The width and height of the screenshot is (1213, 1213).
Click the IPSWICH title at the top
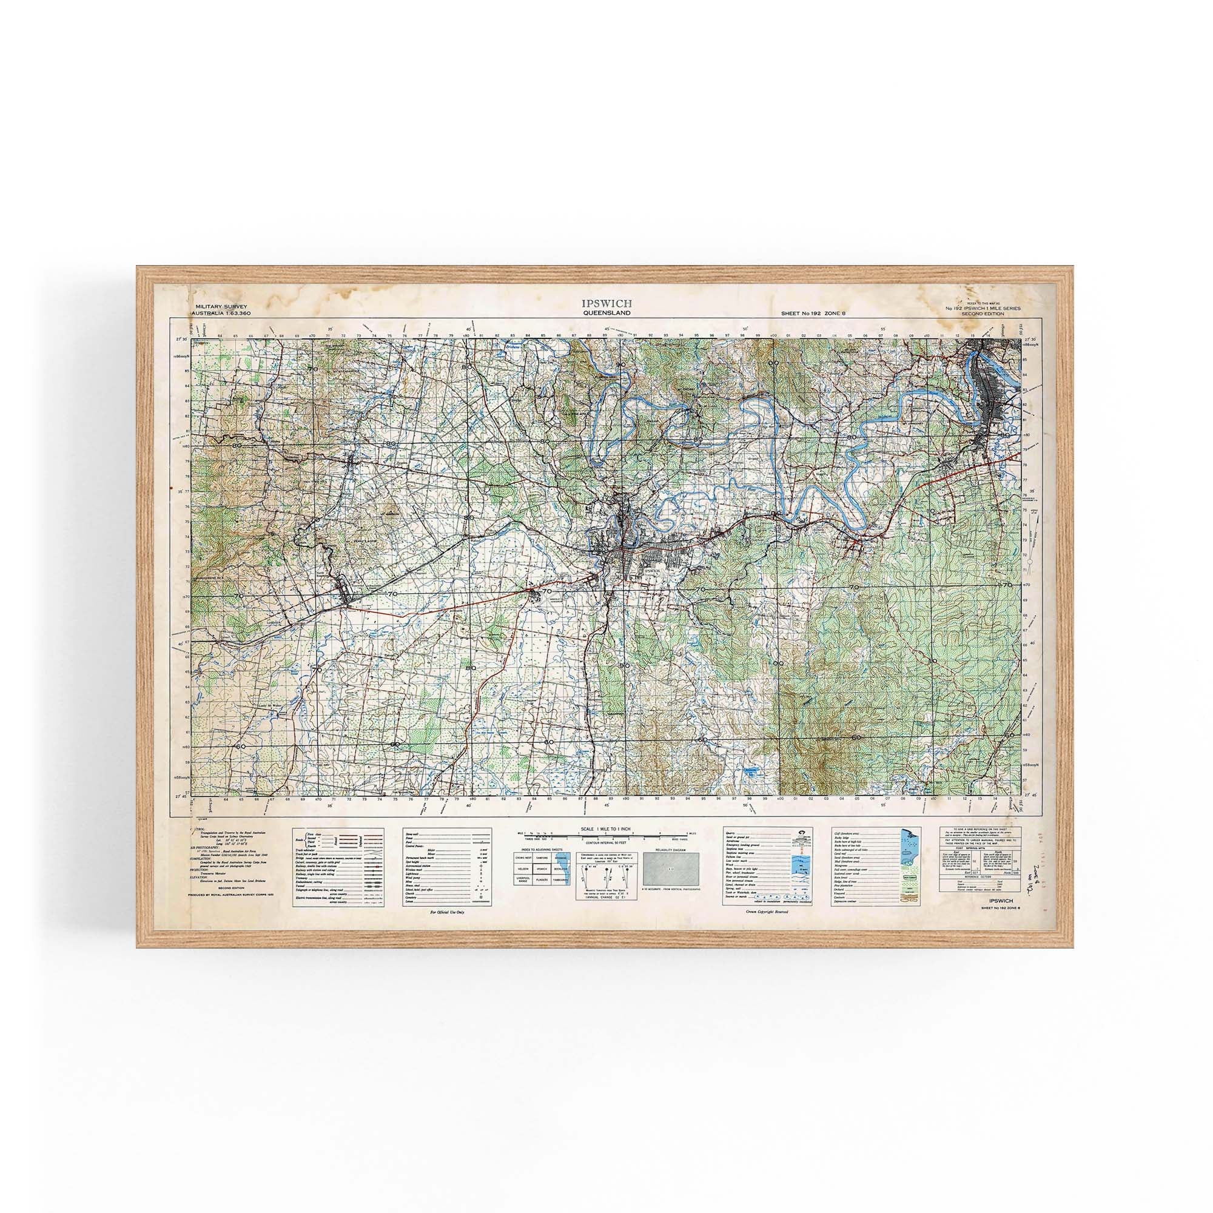pyautogui.click(x=606, y=303)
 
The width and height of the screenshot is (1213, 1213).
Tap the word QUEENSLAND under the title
pyautogui.click(x=606, y=312)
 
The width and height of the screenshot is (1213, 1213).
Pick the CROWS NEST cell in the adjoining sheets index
pyautogui.click(x=523, y=856)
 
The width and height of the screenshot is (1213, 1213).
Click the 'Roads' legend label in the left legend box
pyautogui.click(x=299, y=838)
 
